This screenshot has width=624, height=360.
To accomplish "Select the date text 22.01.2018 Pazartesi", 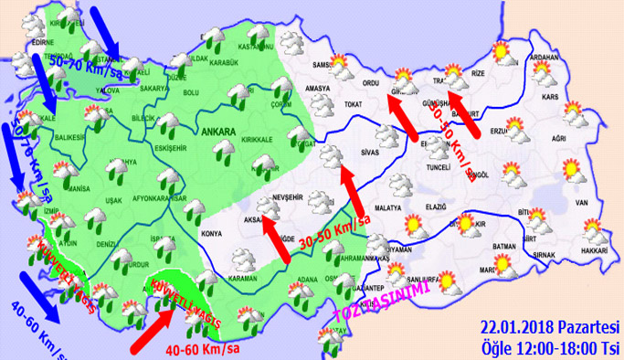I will pyautogui.click(x=550, y=327).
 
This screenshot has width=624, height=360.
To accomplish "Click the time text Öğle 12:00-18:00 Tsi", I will pyautogui.click(x=550, y=345).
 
